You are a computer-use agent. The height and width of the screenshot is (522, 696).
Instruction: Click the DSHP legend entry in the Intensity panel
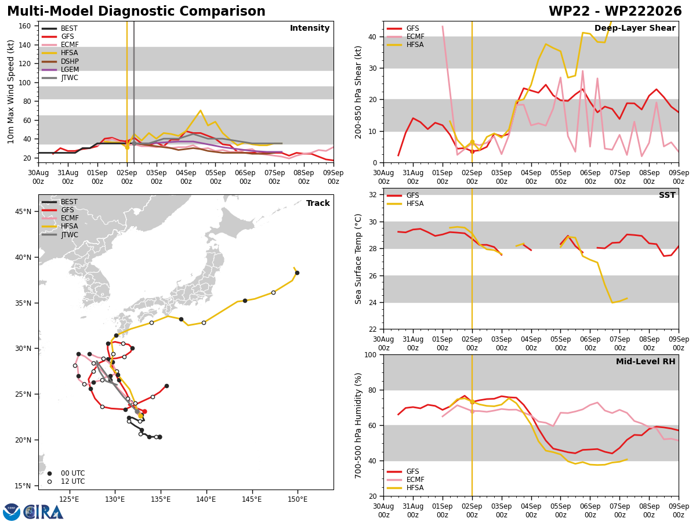(x=60, y=61)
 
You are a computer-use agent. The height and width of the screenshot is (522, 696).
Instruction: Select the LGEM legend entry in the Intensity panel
(x=60, y=70)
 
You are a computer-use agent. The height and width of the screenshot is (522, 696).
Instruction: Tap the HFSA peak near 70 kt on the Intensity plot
(x=201, y=111)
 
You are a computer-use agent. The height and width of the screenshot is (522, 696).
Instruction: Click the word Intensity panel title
(x=310, y=28)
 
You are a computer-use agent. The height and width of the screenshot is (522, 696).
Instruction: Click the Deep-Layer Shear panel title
(x=635, y=28)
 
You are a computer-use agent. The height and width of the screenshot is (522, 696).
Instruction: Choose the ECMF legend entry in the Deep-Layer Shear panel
(x=405, y=37)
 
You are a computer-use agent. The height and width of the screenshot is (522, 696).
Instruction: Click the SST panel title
(x=667, y=195)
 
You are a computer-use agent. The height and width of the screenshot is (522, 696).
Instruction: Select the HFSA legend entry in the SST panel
(x=405, y=204)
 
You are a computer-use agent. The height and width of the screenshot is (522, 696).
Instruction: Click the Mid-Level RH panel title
(x=646, y=361)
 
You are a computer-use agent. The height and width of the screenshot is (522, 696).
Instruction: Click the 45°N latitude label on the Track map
(x=23, y=211)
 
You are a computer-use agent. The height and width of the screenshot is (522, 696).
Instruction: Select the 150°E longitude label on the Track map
(x=298, y=499)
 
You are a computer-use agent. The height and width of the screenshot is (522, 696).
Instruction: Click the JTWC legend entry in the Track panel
(x=60, y=235)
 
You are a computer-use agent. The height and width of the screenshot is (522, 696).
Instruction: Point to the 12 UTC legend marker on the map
(x=49, y=481)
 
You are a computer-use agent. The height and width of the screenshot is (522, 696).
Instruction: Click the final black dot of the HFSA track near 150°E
(x=297, y=273)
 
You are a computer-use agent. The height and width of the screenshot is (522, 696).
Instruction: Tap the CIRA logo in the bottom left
(x=33, y=512)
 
